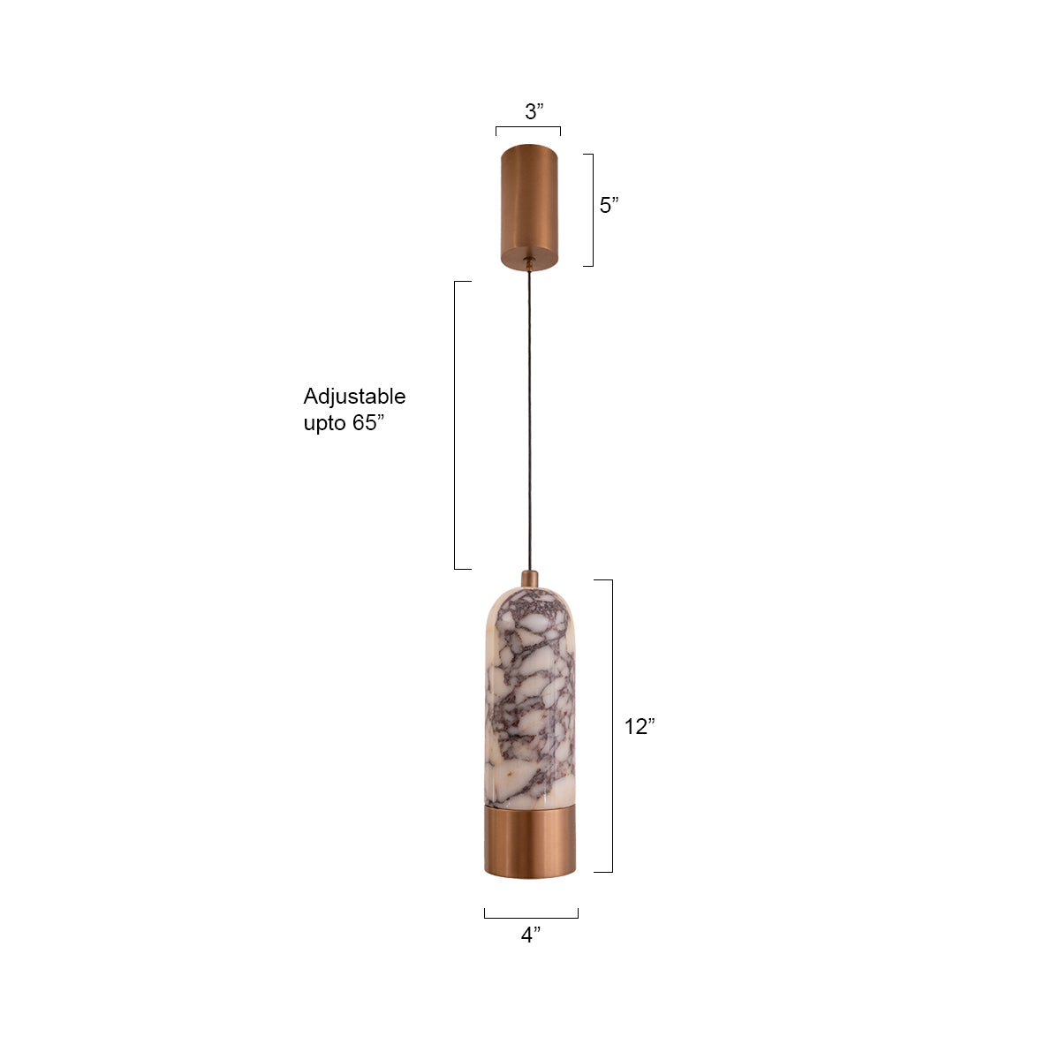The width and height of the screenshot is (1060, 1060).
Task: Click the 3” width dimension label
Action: click(x=534, y=112)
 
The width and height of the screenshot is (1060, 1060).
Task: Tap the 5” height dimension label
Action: click(x=609, y=206)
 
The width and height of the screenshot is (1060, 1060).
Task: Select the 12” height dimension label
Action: click(x=639, y=727)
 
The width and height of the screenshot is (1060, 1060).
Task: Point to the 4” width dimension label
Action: click(x=530, y=935)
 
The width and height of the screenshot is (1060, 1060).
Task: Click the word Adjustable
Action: click(x=354, y=397)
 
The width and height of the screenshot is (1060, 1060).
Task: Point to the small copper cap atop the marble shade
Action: click(x=529, y=579)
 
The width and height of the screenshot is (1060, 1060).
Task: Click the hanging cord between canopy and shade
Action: click(x=529, y=415)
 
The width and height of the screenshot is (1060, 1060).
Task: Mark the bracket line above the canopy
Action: click(x=528, y=128)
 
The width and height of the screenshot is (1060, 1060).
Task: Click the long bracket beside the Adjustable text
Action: click(x=455, y=425)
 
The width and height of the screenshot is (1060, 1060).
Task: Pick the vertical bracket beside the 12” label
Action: click(x=611, y=726)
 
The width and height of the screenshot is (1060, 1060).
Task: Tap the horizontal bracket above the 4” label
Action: click(x=531, y=917)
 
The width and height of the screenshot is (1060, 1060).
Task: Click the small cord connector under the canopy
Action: click(x=528, y=262)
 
